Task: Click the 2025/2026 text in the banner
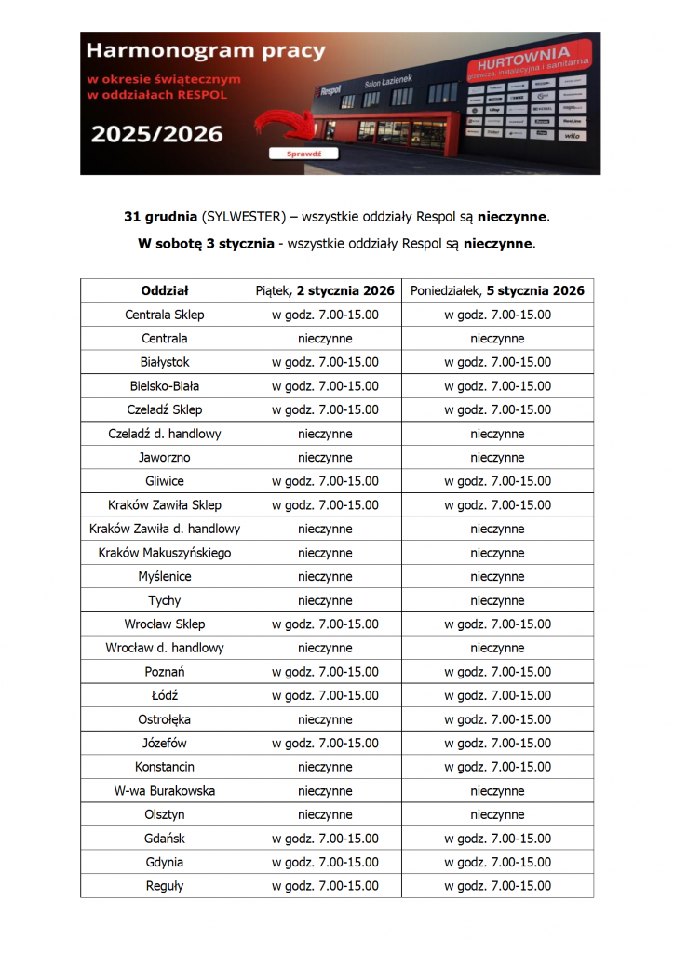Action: pyautogui.click(x=156, y=134)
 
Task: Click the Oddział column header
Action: pyautogui.click(x=165, y=290)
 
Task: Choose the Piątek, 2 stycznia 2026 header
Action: pyautogui.click(x=325, y=290)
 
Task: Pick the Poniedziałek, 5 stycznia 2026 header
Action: pyautogui.click(x=497, y=290)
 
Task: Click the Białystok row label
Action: pyautogui.click(x=165, y=362)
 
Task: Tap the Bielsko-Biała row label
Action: pyautogui.click(x=165, y=385)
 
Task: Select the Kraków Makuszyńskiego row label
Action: pyautogui.click(x=165, y=553)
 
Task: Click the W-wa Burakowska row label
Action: pyautogui.click(x=165, y=791)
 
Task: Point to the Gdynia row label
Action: pyautogui.click(x=165, y=862)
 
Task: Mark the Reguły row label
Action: pyautogui.click(x=165, y=886)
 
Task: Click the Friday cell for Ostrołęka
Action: pyautogui.click(x=325, y=719)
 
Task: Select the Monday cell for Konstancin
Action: pyautogui.click(x=497, y=767)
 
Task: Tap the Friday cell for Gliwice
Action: pyautogui.click(x=325, y=481)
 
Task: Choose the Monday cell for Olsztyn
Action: pyautogui.click(x=497, y=814)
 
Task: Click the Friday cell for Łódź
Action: pyautogui.click(x=325, y=695)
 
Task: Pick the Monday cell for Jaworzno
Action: pyautogui.click(x=497, y=457)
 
